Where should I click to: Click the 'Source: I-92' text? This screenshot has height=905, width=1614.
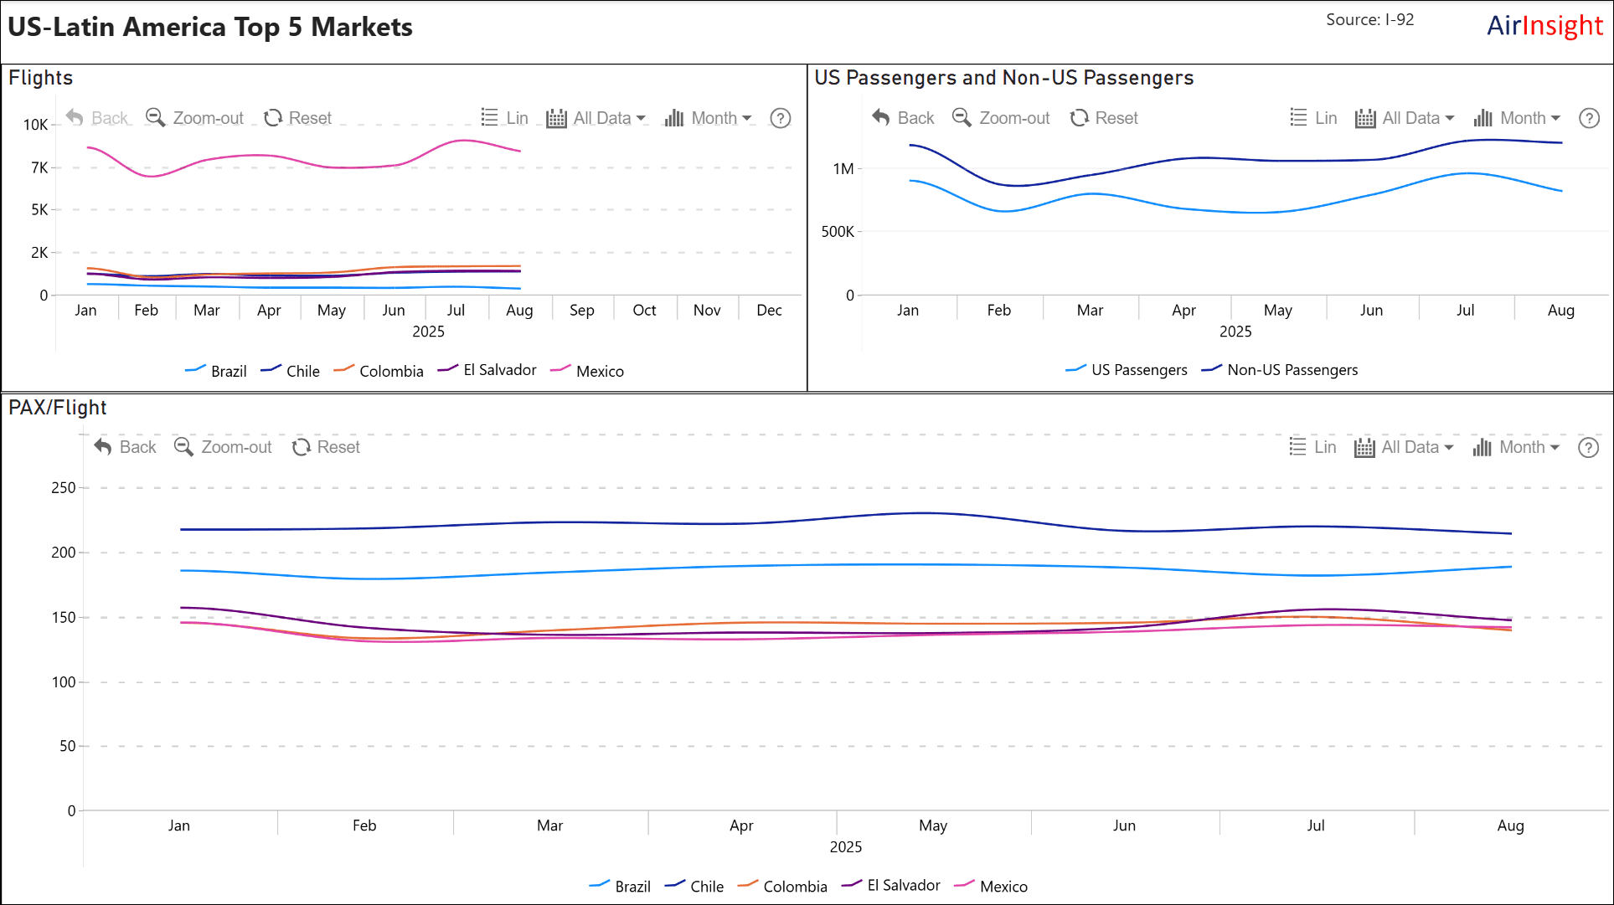pyautogui.click(x=1369, y=19)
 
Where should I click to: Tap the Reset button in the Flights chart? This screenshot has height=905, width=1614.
pyautogui.click(x=298, y=118)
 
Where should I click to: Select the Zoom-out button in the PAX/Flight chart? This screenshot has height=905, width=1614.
pyautogui.click(x=223, y=447)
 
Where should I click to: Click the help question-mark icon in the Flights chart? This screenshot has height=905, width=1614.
pyautogui.click(x=780, y=118)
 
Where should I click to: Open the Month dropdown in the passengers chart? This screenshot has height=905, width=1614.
pyautogui.click(x=1517, y=118)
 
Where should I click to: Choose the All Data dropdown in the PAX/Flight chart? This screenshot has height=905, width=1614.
pyautogui.click(x=1404, y=447)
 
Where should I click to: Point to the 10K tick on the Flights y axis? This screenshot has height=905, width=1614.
pyautogui.click(x=36, y=125)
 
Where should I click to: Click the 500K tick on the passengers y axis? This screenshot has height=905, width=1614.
pyautogui.click(x=838, y=231)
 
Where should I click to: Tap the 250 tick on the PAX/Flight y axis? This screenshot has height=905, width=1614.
pyautogui.click(x=64, y=487)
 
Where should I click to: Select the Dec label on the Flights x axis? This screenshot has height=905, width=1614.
pyautogui.click(x=769, y=310)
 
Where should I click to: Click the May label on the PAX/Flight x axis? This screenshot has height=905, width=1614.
pyautogui.click(x=933, y=825)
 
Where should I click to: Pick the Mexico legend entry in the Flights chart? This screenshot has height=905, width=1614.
pyautogui.click(x=588, y=371)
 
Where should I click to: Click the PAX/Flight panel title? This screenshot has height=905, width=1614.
pyautogui.click(x=58, y=408)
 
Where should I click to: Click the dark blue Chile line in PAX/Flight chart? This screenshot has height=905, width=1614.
pyautogui.click(x=921, y=513)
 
